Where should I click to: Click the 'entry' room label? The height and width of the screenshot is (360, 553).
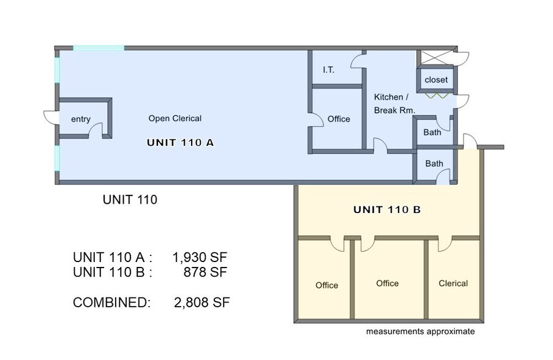(x=81, y=119)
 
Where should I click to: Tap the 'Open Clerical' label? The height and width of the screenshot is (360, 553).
(x=175, y=118)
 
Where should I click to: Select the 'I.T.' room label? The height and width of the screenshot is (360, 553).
(x=328, y=70)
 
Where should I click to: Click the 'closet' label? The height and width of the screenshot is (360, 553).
(x=436, y=80)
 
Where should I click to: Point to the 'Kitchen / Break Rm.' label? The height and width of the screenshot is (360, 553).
(x=394, y=104)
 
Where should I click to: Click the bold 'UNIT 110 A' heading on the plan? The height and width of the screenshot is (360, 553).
(x=180, y=143)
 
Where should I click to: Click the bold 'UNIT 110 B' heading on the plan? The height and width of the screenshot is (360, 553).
(x=387, y=210)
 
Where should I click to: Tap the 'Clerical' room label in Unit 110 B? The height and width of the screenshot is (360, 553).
(x=453, y=283)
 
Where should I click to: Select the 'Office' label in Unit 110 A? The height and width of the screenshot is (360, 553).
(x=339, y=119)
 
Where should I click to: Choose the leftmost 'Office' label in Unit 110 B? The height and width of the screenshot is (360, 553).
(x=326, y=285)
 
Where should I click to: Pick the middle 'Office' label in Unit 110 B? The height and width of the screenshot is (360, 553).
(x=387, y=283)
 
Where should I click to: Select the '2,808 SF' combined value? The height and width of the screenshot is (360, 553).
(x=201, y=302)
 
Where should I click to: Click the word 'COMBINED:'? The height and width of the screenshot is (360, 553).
(x=111, y=302)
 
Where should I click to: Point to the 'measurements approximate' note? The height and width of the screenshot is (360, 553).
(x=420, y=332)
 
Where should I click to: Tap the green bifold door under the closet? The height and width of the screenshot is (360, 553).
(x=436, y=96)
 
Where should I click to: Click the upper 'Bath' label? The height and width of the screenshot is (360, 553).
(x=433, y=132)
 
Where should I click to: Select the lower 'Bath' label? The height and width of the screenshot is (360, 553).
(x=434, y=163)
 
